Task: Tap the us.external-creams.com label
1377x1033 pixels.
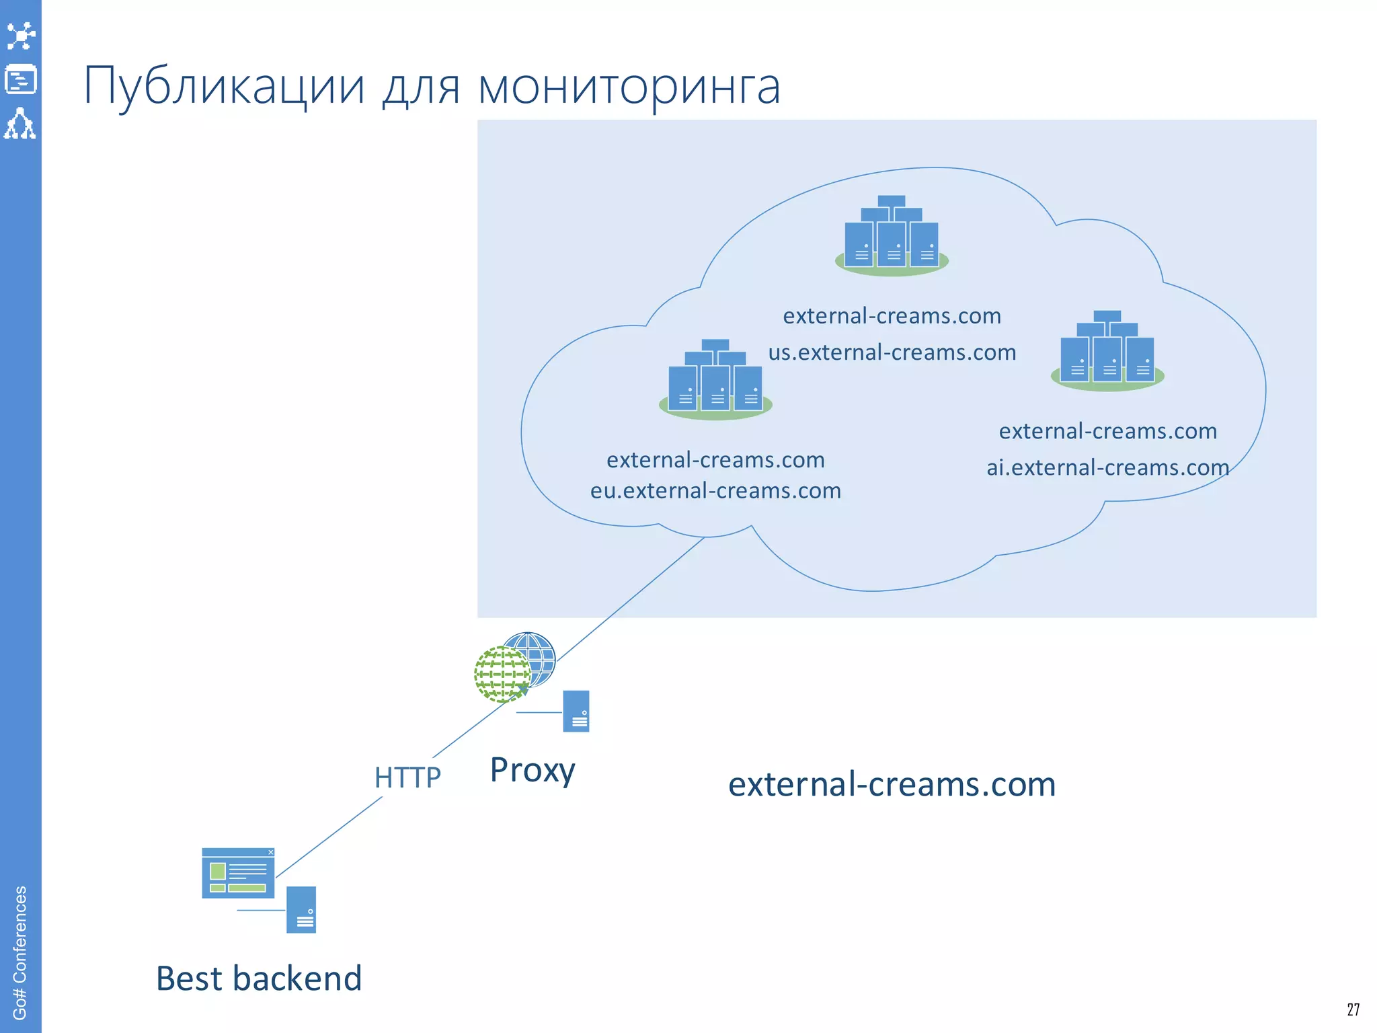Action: click(892, 352)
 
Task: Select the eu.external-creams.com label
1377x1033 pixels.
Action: click(715, 491)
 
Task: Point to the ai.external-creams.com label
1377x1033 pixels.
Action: click(1107, 467)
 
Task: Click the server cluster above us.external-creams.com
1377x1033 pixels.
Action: click(892, 235)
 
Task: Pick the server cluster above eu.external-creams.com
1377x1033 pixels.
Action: click(715, 380)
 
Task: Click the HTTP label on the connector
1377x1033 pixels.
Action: click(407, 778)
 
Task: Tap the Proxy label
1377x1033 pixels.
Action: click(533, 770)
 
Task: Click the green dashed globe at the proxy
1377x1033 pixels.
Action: click(501, 675)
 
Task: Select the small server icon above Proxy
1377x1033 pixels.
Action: click(576, 711)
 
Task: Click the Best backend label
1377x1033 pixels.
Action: click(259, 979)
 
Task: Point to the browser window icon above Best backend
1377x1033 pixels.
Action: click(238, 873)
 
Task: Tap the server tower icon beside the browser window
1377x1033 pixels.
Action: click(301, 909)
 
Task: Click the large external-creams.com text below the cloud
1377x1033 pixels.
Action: click(892, 785)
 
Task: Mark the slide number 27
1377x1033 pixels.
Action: click(1353, 1009)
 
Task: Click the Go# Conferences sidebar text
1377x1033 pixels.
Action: click(20, 952)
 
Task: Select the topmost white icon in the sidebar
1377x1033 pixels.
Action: click(20, 36)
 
